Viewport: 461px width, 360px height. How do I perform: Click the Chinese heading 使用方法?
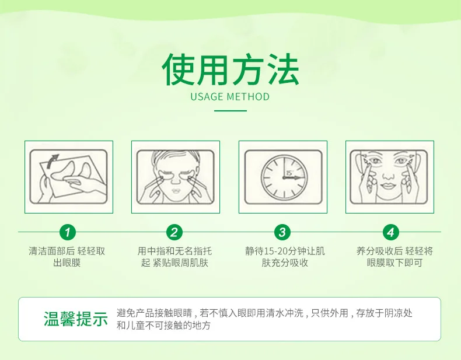pos(230,69)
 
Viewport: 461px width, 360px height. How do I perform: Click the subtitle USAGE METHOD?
pos(230,97)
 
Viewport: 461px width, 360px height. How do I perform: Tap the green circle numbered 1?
pos(68,232)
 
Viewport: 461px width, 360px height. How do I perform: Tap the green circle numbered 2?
pos(174,232)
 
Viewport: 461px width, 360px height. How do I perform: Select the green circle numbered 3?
pos(282,232)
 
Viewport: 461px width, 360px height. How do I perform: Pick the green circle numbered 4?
pos(391,232)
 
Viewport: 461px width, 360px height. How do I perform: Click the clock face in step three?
pos(284,177)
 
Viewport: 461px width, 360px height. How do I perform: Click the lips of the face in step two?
pos(176,190)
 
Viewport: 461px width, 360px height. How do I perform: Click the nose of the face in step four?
pos(388,175)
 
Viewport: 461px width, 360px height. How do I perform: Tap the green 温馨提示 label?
pos(75,319)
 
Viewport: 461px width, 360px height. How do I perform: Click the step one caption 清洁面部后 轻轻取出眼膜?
pos(67,257)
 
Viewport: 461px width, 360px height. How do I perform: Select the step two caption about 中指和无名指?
pos(174,257)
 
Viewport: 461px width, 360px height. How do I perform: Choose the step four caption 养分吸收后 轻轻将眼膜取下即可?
pos(394,257)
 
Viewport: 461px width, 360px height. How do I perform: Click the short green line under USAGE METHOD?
pos(230,111)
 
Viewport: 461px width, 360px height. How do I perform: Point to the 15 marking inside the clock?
pos(289,173)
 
